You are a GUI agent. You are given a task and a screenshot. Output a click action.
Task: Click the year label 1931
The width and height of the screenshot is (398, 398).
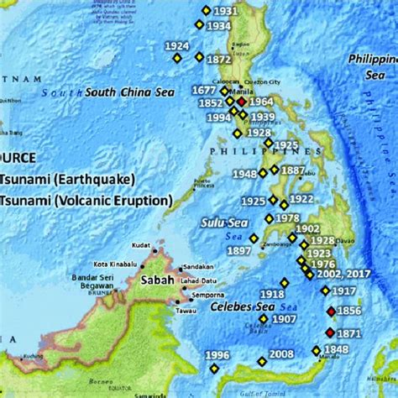[225, 11]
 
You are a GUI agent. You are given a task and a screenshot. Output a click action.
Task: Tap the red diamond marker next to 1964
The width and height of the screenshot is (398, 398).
[241, 102]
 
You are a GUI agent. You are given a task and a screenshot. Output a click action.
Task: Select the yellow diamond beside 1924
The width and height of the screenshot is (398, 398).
[177, 59]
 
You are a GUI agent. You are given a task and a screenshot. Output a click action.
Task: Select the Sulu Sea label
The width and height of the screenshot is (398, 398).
[221, 223]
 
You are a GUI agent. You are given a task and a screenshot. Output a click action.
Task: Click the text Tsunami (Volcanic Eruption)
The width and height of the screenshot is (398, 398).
[86, 200]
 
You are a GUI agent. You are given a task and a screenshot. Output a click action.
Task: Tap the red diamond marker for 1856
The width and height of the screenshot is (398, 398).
[331, 311]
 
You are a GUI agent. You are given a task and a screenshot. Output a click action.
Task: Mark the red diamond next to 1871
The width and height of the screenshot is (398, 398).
[330, 333]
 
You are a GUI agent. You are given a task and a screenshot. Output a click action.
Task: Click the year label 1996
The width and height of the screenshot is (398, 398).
[217, 355]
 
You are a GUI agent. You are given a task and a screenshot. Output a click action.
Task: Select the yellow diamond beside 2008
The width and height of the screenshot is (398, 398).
[262, 362]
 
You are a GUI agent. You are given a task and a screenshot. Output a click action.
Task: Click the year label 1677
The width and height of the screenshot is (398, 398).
[205, 90]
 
